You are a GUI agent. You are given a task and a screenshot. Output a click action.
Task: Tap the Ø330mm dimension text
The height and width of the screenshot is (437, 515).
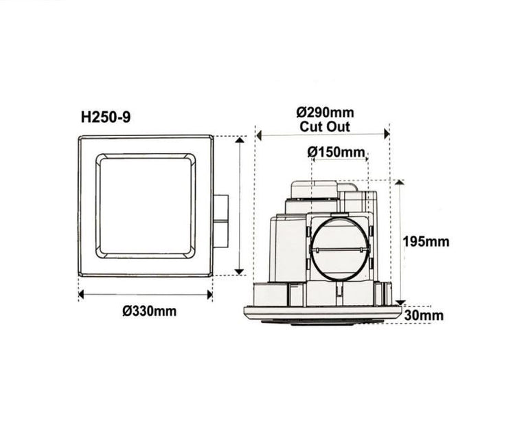click(x=150, y=311)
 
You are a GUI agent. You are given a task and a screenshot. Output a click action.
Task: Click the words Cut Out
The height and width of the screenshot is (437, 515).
click(x=324, y=126)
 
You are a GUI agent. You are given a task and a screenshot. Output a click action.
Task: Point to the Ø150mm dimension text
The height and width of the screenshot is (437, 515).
click(x=337, y=150)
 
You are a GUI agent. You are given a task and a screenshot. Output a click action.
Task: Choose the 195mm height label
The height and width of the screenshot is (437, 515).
click(x=426, y=241)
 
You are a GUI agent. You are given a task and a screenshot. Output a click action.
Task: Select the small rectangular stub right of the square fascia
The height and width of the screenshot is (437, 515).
click(x=220, y=221)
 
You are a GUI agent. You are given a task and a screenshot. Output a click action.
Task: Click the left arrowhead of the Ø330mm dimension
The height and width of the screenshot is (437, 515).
click(x=82, y=294)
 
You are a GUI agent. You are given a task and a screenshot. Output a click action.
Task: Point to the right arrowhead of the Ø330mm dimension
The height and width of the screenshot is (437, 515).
click(x=209, y=294)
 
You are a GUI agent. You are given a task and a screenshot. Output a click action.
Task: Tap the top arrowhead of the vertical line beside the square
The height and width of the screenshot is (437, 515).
click(x=239, y=140)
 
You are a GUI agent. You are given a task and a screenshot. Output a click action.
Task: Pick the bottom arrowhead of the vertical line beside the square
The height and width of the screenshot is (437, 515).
click(x=239, y=271)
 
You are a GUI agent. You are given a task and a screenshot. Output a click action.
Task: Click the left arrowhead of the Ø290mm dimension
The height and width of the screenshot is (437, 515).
click(x=260, y=135)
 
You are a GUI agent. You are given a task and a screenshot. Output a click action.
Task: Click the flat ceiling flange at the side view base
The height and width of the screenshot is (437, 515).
click(x=323, y=313)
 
